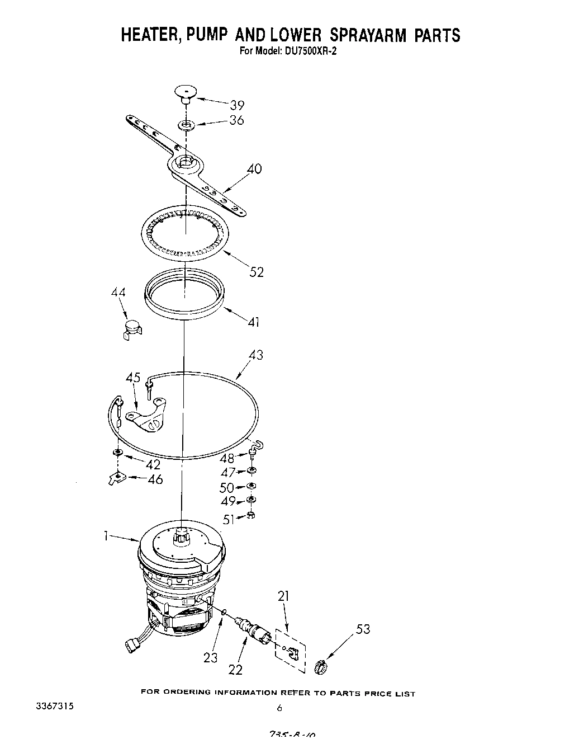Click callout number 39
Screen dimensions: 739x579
click(237, 105)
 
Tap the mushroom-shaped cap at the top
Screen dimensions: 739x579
click(186, 92)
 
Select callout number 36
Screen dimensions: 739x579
click(237, 120)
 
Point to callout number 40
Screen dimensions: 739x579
click(254, 168)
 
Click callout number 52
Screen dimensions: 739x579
click(256, 272)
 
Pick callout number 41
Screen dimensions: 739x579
click(253, 322)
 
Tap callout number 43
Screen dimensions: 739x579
click(255, 355)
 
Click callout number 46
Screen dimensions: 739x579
click(155, 479)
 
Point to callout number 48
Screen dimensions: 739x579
click(227, 458)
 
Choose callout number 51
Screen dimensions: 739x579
click(229, 520)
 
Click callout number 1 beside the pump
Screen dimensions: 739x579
click(105, 535)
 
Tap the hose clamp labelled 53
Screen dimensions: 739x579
click(321, 667)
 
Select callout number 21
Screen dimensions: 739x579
click(284, 596)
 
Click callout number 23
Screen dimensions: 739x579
click(210, 657)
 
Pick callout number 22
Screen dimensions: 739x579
click(236, 669)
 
